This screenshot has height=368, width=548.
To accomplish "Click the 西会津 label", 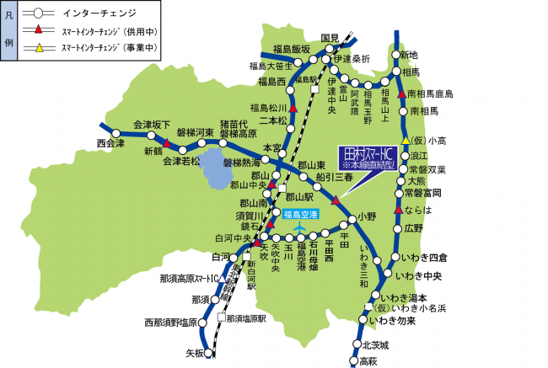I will pyautogui.click(x=110, y=144).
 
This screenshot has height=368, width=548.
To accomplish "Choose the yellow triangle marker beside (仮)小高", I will pyautogui.click(x=406, y=140).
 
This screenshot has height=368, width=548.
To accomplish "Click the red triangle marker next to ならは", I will pyautogui.click(x=399, y=210).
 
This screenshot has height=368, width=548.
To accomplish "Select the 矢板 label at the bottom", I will pyautogui.click(x=195, y=353).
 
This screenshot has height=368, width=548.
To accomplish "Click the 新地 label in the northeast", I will pyautogui.click(x=408, y=55).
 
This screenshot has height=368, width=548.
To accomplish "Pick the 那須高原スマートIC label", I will pyautogui.click(x=187, y=278).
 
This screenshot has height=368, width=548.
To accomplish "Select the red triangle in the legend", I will pyautogui.click(x=37, y=31).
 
